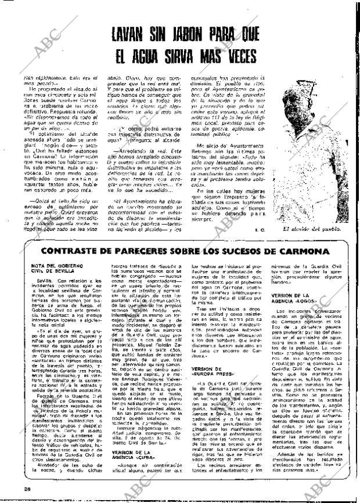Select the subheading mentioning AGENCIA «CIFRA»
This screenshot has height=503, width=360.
click(x=132, y=457)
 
